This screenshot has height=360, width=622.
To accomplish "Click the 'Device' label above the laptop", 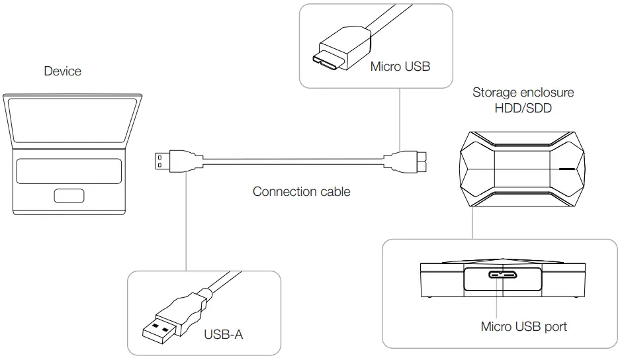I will point(62,71).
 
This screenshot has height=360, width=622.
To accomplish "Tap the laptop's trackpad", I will point(69,197).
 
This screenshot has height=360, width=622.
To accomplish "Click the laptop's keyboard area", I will point(69,171).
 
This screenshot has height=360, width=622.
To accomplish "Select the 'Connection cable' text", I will point(301,192).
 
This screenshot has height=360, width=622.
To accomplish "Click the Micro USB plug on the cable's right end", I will point(407,159).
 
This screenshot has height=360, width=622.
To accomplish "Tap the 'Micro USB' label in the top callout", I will point(400,66).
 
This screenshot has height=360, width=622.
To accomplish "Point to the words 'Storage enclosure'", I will point(523,92).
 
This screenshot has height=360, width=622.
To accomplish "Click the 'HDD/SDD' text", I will point(523,108).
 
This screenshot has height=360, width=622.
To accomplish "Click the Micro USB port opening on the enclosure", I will point(502,275).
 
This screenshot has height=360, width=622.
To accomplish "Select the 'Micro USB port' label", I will point(523,326).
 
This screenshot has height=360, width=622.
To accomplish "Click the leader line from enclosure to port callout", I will point(470,225).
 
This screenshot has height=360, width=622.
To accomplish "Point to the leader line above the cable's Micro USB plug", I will point(400,119).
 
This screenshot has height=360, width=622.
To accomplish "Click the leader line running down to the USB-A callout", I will point(186,218).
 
